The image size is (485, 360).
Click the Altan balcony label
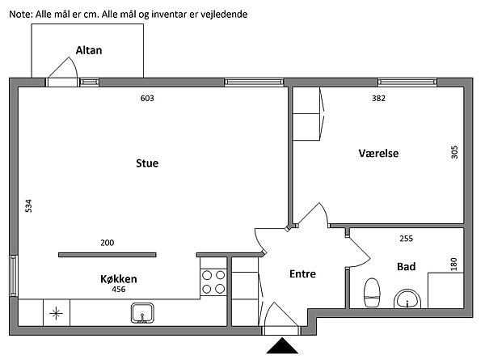click(x=89, y=50)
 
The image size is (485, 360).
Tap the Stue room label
click(x=147, y=163)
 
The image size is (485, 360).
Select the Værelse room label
click(x=378, y=153)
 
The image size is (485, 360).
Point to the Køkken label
click(x=119, y=279)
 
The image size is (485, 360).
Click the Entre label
click(x=303, y=274)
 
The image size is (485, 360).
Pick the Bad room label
click(x=406, y=266)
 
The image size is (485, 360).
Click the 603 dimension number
click(x=147, y=99)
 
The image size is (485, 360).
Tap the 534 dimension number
click(x=28, y=206)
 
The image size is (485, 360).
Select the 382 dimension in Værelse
click(x=378, y=99)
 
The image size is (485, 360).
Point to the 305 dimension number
click(x=454, y=152)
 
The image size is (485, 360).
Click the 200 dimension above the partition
click(x=107, y=243)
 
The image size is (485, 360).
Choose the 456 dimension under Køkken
click(x=119, y=290)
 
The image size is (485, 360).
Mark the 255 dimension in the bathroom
click(x=406, y=239)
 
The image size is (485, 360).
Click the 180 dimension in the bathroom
click(x=453, y=265)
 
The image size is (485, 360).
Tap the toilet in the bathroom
click(x=372, y=293)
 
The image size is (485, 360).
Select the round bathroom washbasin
click(x=407, y=299)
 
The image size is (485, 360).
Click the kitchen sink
click(x=142, y=313)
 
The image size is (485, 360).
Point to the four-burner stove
click(x=213, y=282)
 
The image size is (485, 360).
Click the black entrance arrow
click(x=282, y=345)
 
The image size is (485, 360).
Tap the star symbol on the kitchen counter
click(x=56, y=313)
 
